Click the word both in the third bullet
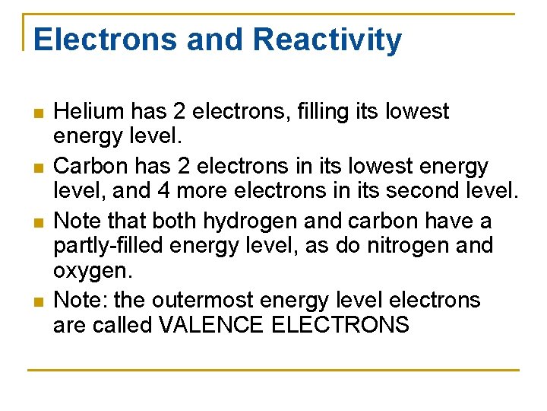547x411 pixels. tap(172, 221)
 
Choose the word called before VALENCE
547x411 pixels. tap(125, 325)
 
